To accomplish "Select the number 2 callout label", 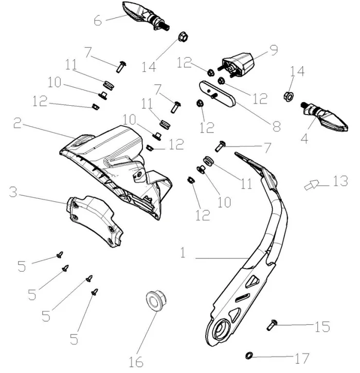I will point(17,123).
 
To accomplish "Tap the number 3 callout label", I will point(14,193).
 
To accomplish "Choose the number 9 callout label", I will point(273,50).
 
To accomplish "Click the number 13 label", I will point(340,181).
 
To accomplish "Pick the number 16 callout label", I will point(136,361).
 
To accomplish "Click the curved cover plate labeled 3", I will point(95,218).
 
